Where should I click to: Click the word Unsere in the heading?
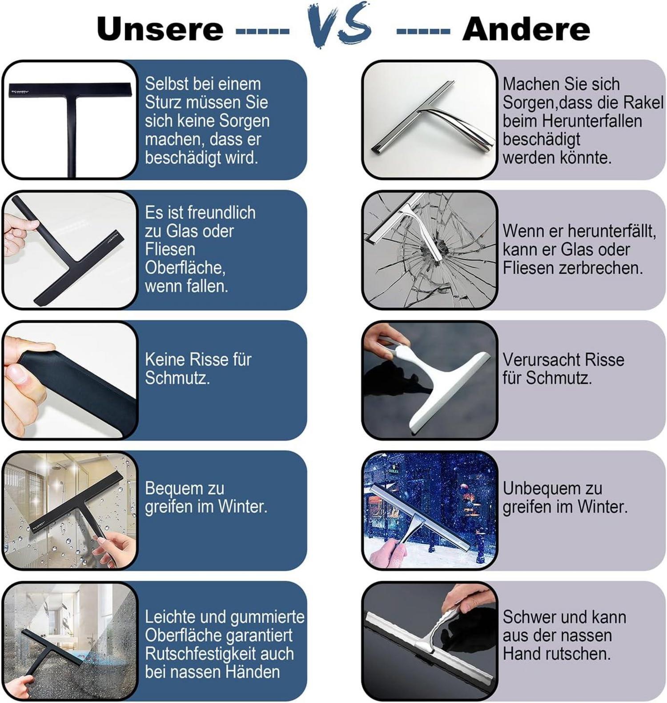coord(160,29)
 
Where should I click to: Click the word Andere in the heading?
coord(526,29)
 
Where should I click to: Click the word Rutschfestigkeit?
coord(207,654)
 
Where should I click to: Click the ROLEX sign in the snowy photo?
coord(394,470)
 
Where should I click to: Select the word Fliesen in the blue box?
coord(170,249)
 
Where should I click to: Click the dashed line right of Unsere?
coord(262,31)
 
